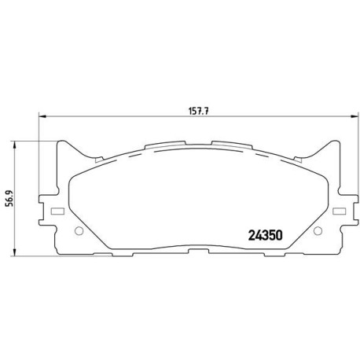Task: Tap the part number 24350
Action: coord(266,234)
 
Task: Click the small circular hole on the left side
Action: coord(78,232)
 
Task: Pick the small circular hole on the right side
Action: coord(317,232)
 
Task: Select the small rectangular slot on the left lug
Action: coord(56,211)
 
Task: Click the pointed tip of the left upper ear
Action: coord(64,142)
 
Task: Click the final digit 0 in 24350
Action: coord(278,234)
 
